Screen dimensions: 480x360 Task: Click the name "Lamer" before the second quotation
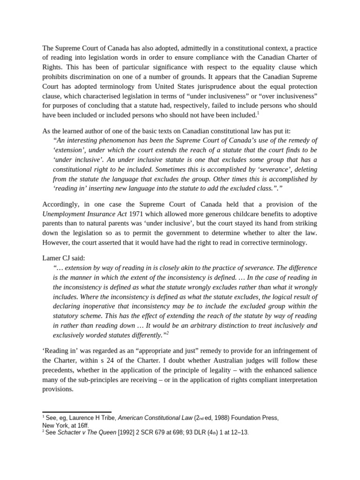click(x=53, y=258)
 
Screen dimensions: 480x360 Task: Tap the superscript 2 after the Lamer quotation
click(x=167, y=332)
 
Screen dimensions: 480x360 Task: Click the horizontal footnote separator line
click(x=77, y=412)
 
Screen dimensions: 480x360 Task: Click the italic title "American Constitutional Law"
click(x=155, y=418)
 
